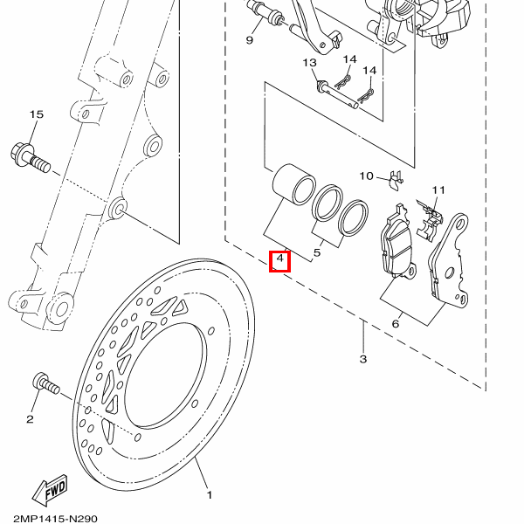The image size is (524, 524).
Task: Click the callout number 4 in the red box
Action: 280,259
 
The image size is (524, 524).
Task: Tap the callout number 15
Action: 37,114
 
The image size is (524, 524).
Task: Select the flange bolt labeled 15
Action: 31,158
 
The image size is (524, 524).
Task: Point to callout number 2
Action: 30,419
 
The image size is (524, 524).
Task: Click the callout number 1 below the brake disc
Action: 210,495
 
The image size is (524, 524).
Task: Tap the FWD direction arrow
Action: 50,490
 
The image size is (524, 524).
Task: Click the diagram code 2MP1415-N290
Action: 56,519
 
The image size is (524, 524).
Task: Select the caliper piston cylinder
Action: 294,183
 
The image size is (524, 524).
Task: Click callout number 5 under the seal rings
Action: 317,252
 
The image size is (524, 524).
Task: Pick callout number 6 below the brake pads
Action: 396,323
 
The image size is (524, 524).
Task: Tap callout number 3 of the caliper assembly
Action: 363,359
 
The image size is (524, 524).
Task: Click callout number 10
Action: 366,176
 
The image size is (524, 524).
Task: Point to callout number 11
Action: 438,190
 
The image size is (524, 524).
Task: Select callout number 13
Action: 310,63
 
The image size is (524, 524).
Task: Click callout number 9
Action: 249,40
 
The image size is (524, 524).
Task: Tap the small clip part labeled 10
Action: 396,181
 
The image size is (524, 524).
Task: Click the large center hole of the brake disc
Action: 165,375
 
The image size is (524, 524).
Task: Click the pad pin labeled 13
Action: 337,95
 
